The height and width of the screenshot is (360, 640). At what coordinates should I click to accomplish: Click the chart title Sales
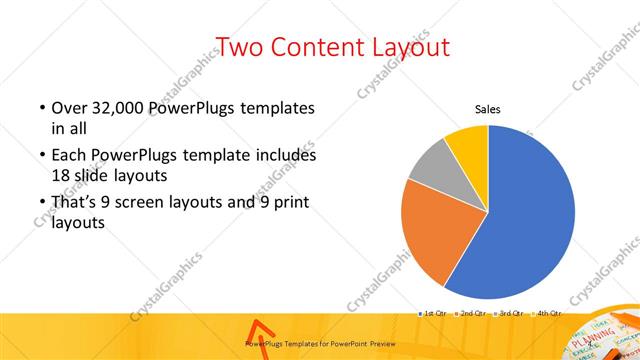[x=487, y=110]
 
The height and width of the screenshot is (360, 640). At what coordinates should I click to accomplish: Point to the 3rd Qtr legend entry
[x=511, y=314]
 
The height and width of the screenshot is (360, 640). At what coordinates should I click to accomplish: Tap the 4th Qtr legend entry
[x=549, y=314]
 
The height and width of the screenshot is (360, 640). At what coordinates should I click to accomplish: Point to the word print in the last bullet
[x=291, y=202]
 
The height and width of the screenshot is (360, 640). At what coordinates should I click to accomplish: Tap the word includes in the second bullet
[x=286, y=156]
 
